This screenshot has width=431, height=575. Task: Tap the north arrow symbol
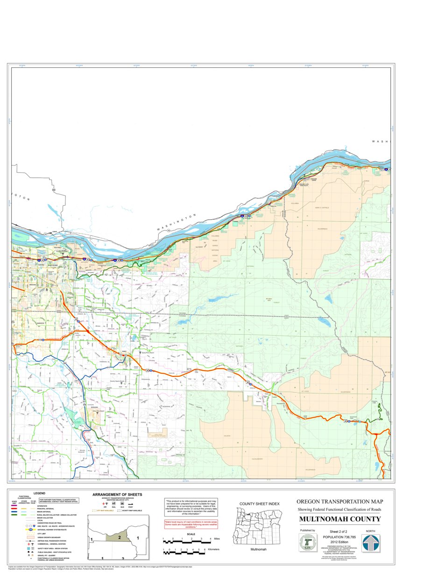371,543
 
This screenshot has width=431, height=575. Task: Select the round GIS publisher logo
307,543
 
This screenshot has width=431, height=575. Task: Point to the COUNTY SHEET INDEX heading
259,503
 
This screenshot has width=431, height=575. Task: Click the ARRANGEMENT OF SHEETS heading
117,495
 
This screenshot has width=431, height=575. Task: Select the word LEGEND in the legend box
39,493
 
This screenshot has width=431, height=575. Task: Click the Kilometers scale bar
184,553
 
